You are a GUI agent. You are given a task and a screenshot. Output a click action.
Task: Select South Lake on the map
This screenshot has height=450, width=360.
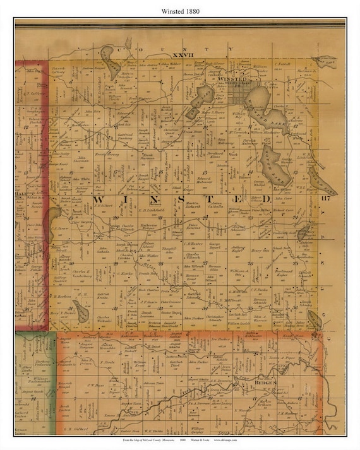pyautogui.click(x=275, y=165)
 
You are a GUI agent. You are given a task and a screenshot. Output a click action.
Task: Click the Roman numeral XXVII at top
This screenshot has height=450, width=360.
pyautogui.click(x=146, y=56)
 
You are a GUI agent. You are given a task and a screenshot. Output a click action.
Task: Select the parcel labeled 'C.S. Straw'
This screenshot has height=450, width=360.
pyautogui.click(x=61, y=228)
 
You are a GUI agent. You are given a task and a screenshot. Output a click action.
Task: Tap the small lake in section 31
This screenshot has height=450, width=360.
pyautogui.click(x=80, y=311)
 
